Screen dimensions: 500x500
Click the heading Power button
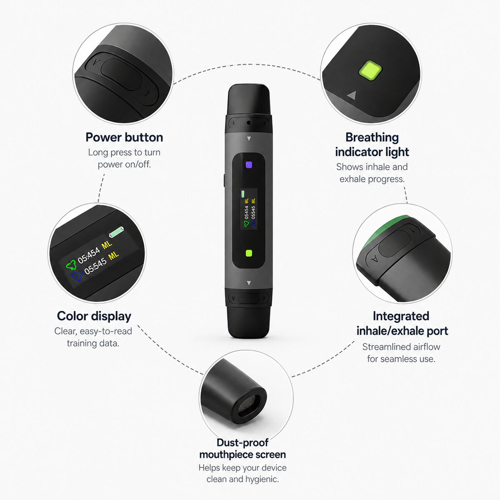tap(124, 137)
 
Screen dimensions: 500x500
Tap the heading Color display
tap(94, 316)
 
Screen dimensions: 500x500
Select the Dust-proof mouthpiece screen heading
tap(242, 449)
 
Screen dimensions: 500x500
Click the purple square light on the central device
tap(249, 165)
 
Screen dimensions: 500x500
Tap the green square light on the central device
tap(249, 253)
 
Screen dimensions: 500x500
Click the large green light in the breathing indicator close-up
tap(370, 70)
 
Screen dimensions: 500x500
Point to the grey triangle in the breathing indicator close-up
tap(352, 95)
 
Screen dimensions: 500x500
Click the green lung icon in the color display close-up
tap(71, 265)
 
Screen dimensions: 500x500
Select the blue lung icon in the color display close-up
tap(77, 276)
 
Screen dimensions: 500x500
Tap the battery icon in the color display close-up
tap(117, 232)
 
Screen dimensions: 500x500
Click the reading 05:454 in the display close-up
tap(89, 255)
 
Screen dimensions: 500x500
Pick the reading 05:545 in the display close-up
tap(95, 266)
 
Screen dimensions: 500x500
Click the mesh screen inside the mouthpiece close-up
tap(248, 403)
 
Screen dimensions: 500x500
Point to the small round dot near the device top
tap(249, 122)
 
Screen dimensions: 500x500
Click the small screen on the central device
tap(249, 209)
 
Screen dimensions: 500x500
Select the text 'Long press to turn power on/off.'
tap(124, 158)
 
